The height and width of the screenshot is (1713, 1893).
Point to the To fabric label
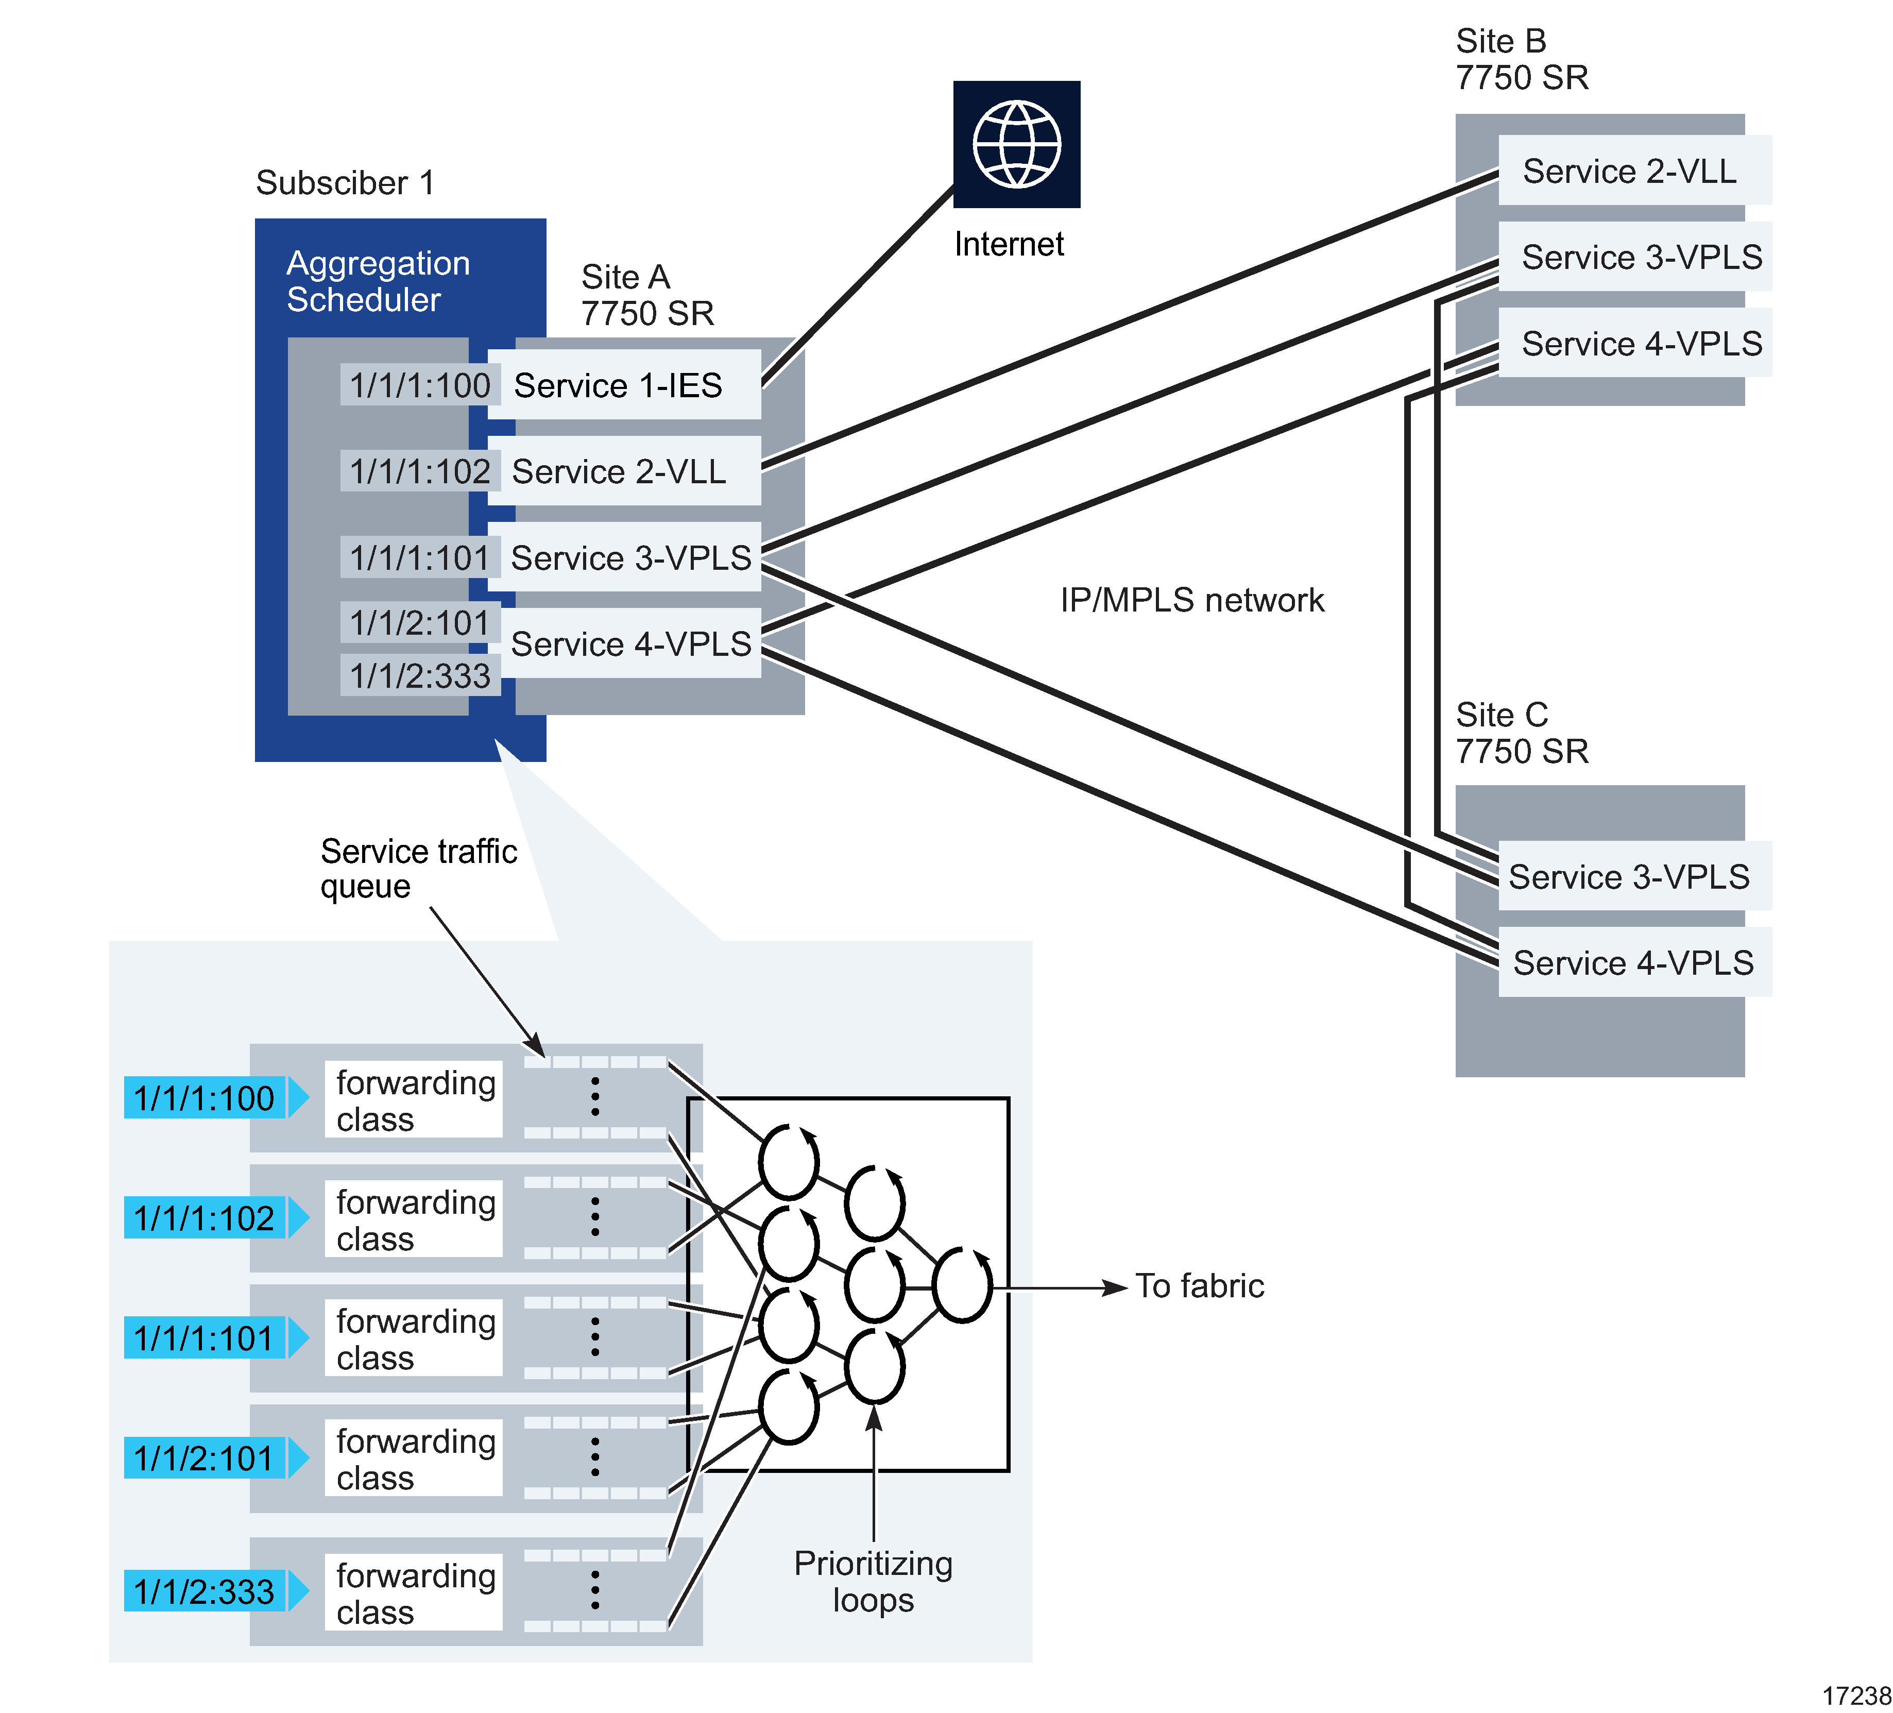(x=1199, y=1286)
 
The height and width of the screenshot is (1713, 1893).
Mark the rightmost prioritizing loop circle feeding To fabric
(x=962, y=1286)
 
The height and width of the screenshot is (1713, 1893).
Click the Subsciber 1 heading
(x=345, y=182)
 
